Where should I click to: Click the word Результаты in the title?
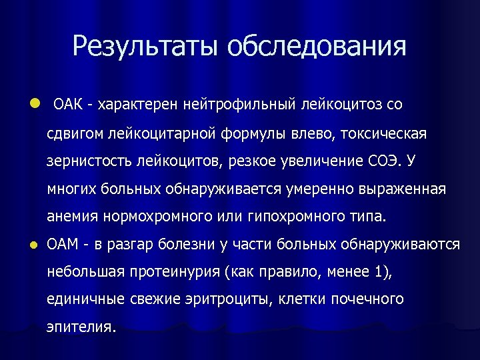coord(145,47)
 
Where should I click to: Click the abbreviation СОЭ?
coord(386,161)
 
